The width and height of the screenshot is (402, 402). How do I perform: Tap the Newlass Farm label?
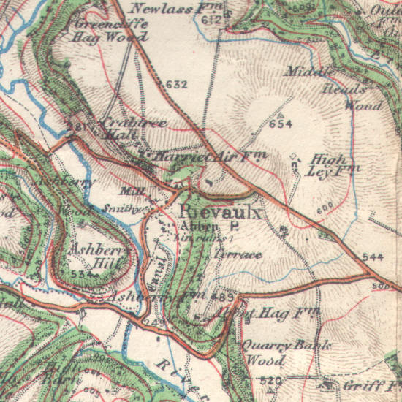coord(175,9)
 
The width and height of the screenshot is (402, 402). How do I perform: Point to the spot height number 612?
coord(213,21)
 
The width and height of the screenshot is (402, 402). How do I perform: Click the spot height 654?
coord(281,124)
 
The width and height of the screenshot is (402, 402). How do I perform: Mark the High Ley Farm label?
coord(330,165)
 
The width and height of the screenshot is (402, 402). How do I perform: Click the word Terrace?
coord(238,253)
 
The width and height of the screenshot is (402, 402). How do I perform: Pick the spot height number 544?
coord(372,258)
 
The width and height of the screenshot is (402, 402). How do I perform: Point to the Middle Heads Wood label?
coord(333,88)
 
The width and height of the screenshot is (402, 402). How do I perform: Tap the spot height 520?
coord(270,380)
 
